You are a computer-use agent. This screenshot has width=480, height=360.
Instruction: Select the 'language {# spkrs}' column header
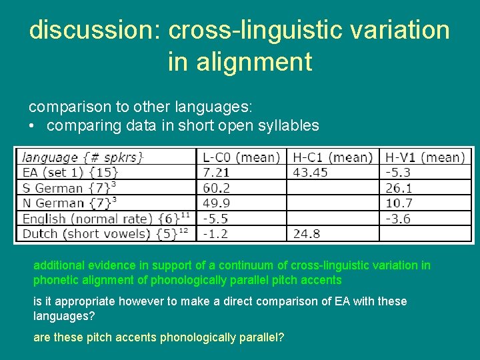click(x=83, y=157)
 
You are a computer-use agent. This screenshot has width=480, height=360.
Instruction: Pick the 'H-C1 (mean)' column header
click(x=332, y=157)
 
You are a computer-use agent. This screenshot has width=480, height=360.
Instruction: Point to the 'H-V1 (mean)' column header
click(x=424, y=157)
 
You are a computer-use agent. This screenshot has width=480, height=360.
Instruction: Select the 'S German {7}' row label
click(x=67, y=188)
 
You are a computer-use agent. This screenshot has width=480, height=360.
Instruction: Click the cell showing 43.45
click(x=311, y=173)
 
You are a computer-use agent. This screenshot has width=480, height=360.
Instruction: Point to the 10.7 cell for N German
click(x=399, y=203)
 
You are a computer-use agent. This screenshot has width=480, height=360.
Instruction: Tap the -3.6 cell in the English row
click(x=399, y=219)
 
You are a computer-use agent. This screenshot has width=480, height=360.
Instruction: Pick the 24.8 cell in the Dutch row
click(x=307, y=234)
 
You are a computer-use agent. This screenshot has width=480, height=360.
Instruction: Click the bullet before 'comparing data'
click(x=32, y=125)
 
